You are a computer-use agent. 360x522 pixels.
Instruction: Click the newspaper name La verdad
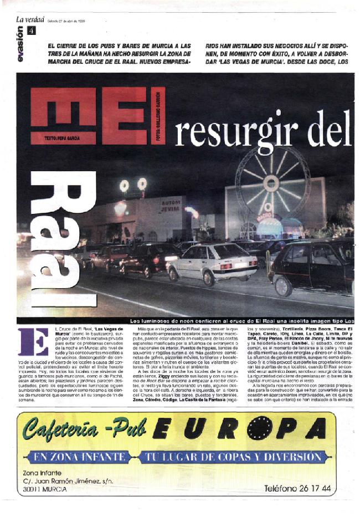tap(29, 20)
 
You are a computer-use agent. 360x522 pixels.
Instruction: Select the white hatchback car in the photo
tap(213, 262)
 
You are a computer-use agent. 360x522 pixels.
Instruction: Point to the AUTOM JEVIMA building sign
tap(172, 207)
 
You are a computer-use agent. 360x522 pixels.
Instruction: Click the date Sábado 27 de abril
tap(66, 21)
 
